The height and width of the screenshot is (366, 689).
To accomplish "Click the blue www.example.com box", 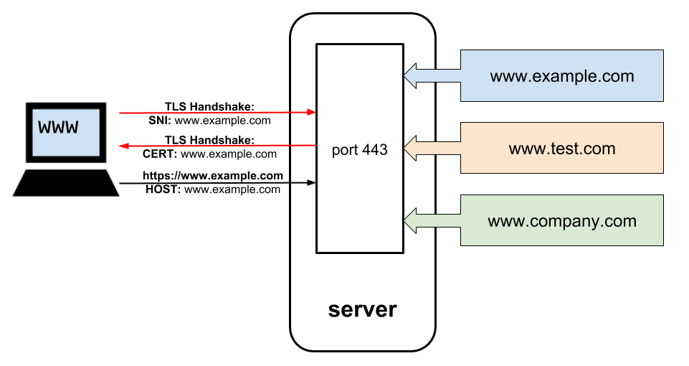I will [x=561, y=75].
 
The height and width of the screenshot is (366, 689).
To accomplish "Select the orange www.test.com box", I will [x=561, y=149].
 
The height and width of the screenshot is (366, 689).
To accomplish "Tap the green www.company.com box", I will [x=561, y=220].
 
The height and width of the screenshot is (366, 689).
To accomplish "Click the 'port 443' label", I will [x=360, y=150].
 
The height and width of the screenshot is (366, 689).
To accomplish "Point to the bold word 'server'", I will [x=362, y=309].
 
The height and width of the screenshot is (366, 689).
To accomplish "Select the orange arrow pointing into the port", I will [x=430, y=149].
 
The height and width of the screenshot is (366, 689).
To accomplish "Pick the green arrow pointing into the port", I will [x=430, y=220].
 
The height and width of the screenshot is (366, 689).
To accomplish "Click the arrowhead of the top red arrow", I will [x=312, y=113].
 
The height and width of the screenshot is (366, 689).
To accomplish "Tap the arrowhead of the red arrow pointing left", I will [x=123, y=146].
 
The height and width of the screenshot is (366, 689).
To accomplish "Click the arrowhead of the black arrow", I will [x=312, y=183].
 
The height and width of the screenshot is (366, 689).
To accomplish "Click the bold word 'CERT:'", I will [x=160, y=154].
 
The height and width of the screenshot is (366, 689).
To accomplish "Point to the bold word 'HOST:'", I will [x=161, y=189].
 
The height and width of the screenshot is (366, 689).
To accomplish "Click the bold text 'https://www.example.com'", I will [x=213, y=176].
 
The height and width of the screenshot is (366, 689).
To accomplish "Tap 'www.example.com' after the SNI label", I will [x=223, y=121].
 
